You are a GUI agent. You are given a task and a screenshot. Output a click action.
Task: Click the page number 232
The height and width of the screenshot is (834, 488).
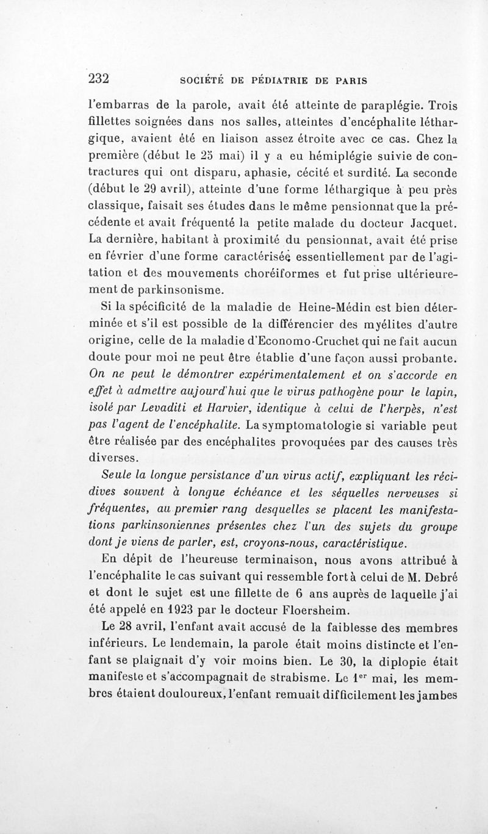click(x=98, y=79)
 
